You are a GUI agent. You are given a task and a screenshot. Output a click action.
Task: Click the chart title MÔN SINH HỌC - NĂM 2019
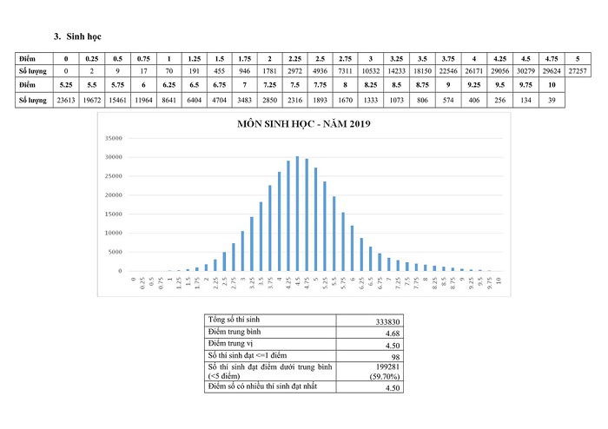304,126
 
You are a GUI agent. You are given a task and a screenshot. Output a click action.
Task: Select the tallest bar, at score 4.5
297,214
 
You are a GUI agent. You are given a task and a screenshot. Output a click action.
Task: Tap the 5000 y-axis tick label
115,252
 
